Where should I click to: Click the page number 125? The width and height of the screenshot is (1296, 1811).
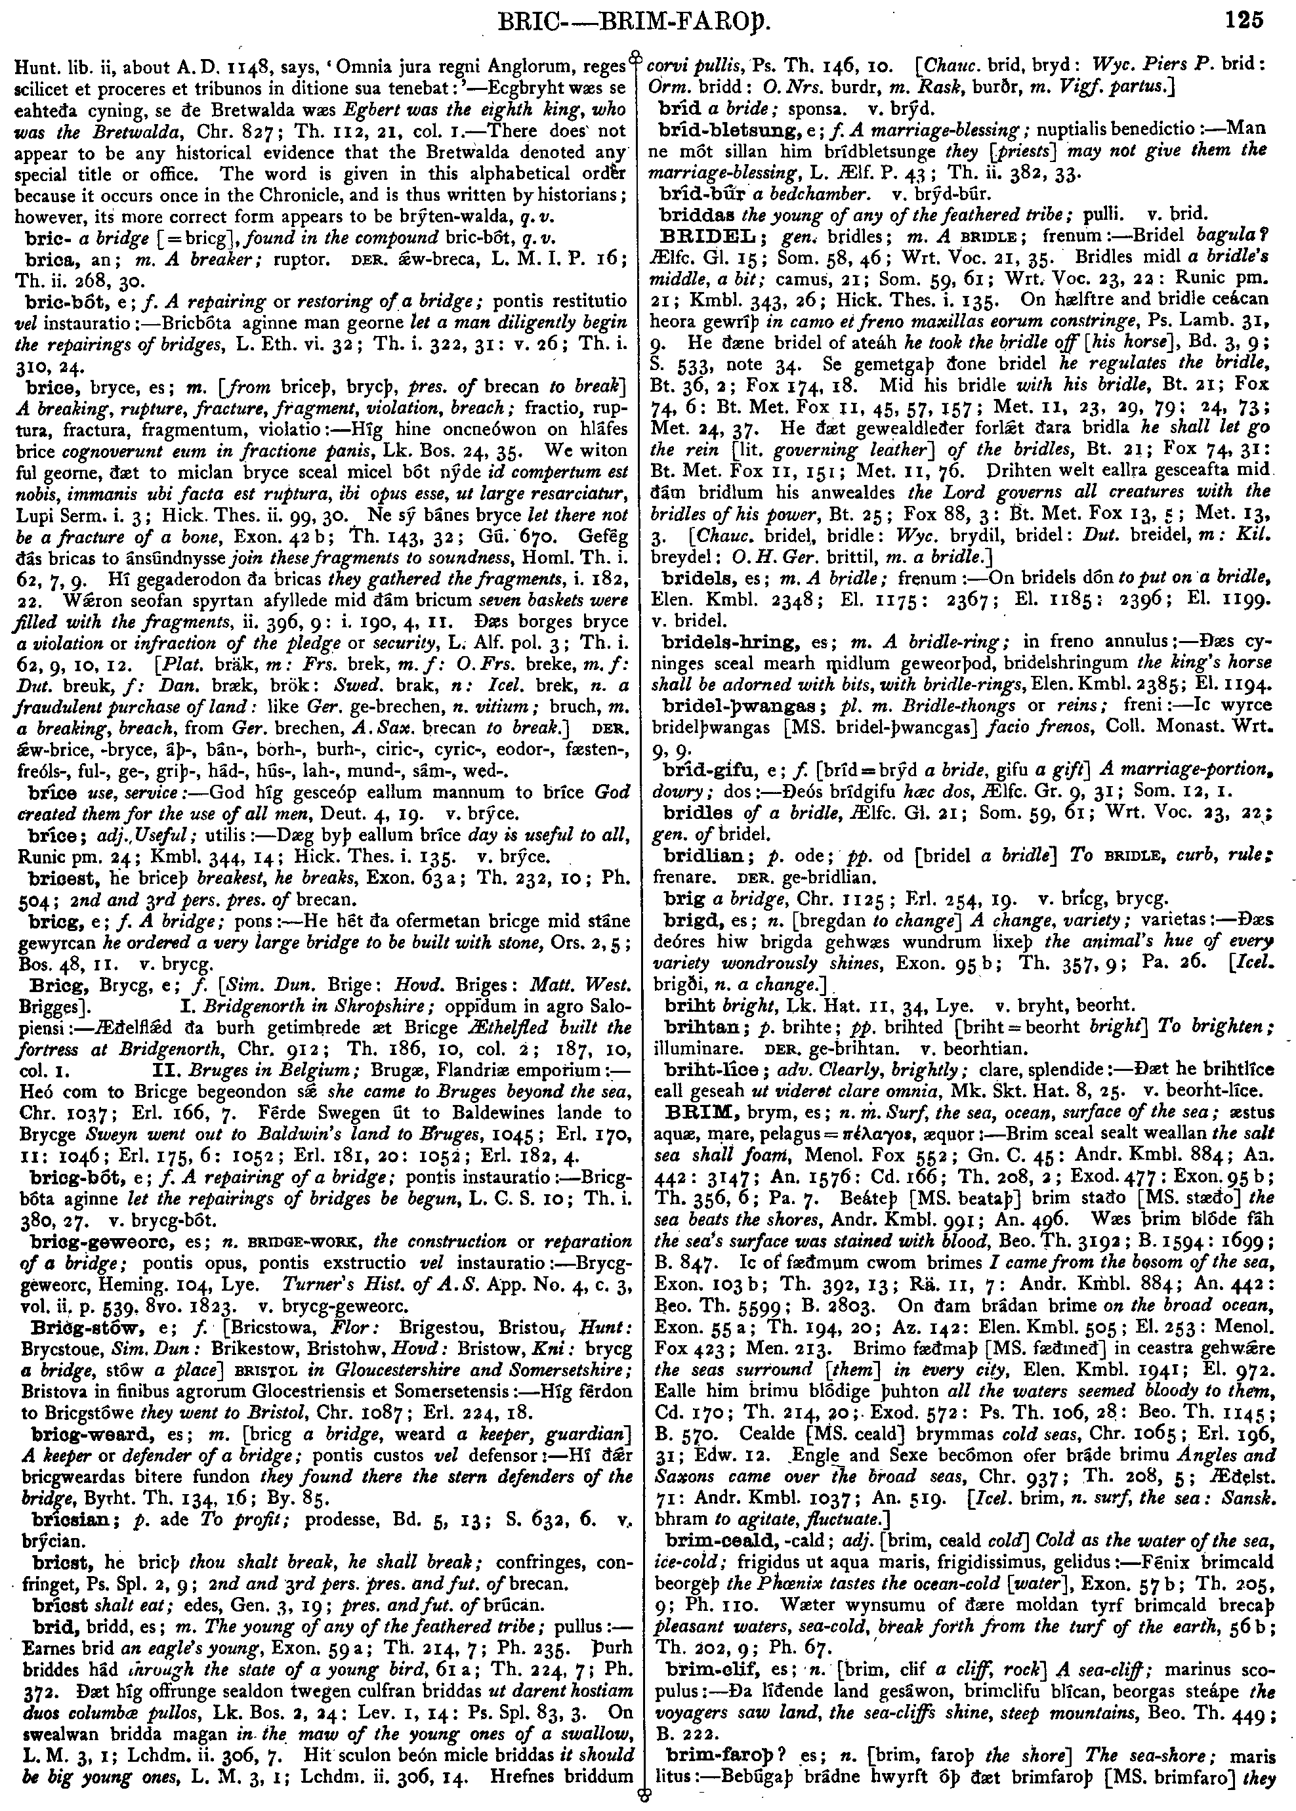pos(1244,18)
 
